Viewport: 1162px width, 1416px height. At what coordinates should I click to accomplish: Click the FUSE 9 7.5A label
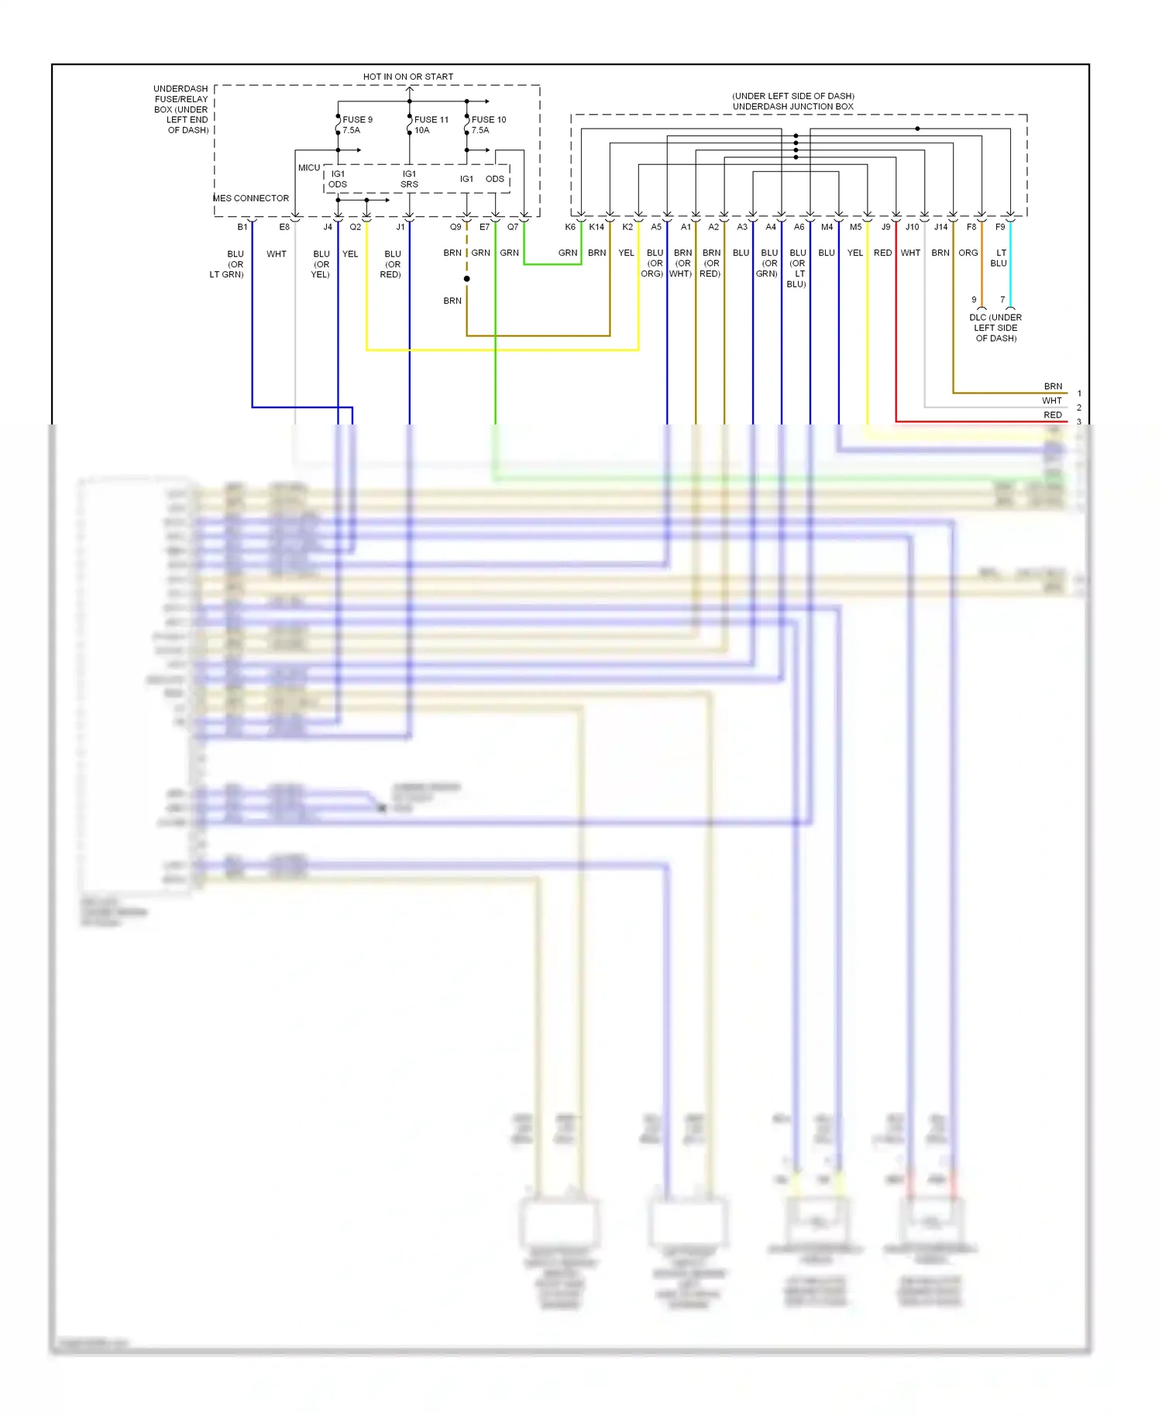[x=357, y=125]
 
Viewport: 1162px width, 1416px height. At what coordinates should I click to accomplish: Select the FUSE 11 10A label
[x=431, y=125]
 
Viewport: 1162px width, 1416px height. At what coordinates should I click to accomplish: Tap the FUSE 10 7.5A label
[x=488, y=125]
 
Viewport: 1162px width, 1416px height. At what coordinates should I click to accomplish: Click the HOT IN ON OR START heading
[x=408, y=77]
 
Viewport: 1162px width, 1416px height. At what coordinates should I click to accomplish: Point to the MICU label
[x=308, y=167]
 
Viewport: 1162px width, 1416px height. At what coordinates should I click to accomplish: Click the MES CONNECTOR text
[x=251, y=198]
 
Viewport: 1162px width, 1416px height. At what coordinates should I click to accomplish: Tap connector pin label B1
[x=242, y=227]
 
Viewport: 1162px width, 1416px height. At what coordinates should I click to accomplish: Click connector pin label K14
[x=596, y=227]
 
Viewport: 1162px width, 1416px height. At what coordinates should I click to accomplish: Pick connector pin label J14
[x=940, y=227]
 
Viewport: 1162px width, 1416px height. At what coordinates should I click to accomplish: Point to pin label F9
[x=1000, y=227]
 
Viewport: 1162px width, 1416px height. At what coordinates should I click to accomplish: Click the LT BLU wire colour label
[x=999, y=258]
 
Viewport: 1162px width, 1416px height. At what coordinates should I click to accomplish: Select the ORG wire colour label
[x=968, y=253]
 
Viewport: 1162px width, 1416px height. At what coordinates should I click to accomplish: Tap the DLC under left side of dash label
[x=995, y=328]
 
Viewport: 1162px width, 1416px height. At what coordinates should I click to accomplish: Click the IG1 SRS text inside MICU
[x=409, y=179]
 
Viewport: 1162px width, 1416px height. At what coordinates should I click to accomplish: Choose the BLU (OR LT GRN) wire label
[x=228, y=264]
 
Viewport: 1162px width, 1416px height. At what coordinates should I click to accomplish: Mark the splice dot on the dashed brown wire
[x=466, y=279]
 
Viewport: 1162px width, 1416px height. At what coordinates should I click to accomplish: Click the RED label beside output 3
[x=1053, y=415]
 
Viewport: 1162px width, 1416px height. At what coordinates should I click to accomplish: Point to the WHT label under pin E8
[x=277, y=254]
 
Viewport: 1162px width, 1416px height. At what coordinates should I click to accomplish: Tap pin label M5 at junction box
[x=855, y=227]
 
